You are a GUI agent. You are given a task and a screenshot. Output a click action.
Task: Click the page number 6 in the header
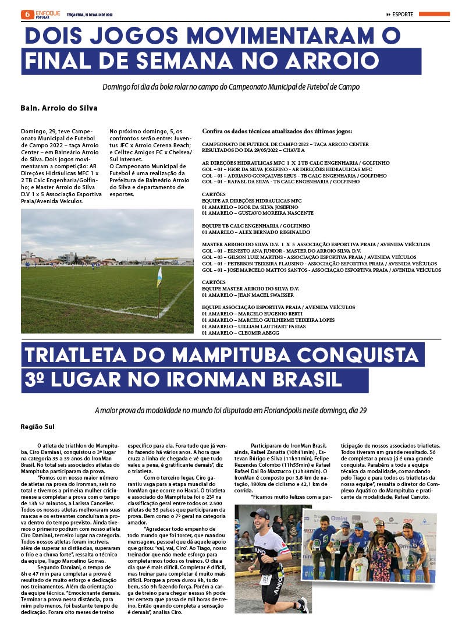[26, 14]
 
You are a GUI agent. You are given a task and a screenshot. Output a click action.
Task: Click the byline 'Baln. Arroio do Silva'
[59, 108]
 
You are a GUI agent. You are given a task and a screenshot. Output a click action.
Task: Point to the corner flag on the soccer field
[159, 278]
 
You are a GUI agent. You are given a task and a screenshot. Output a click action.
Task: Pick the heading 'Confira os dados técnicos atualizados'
[276, 131]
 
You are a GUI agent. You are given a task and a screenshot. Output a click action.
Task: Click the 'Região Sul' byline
[37, 427]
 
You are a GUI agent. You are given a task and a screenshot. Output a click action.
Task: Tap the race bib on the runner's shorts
[266, 580]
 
